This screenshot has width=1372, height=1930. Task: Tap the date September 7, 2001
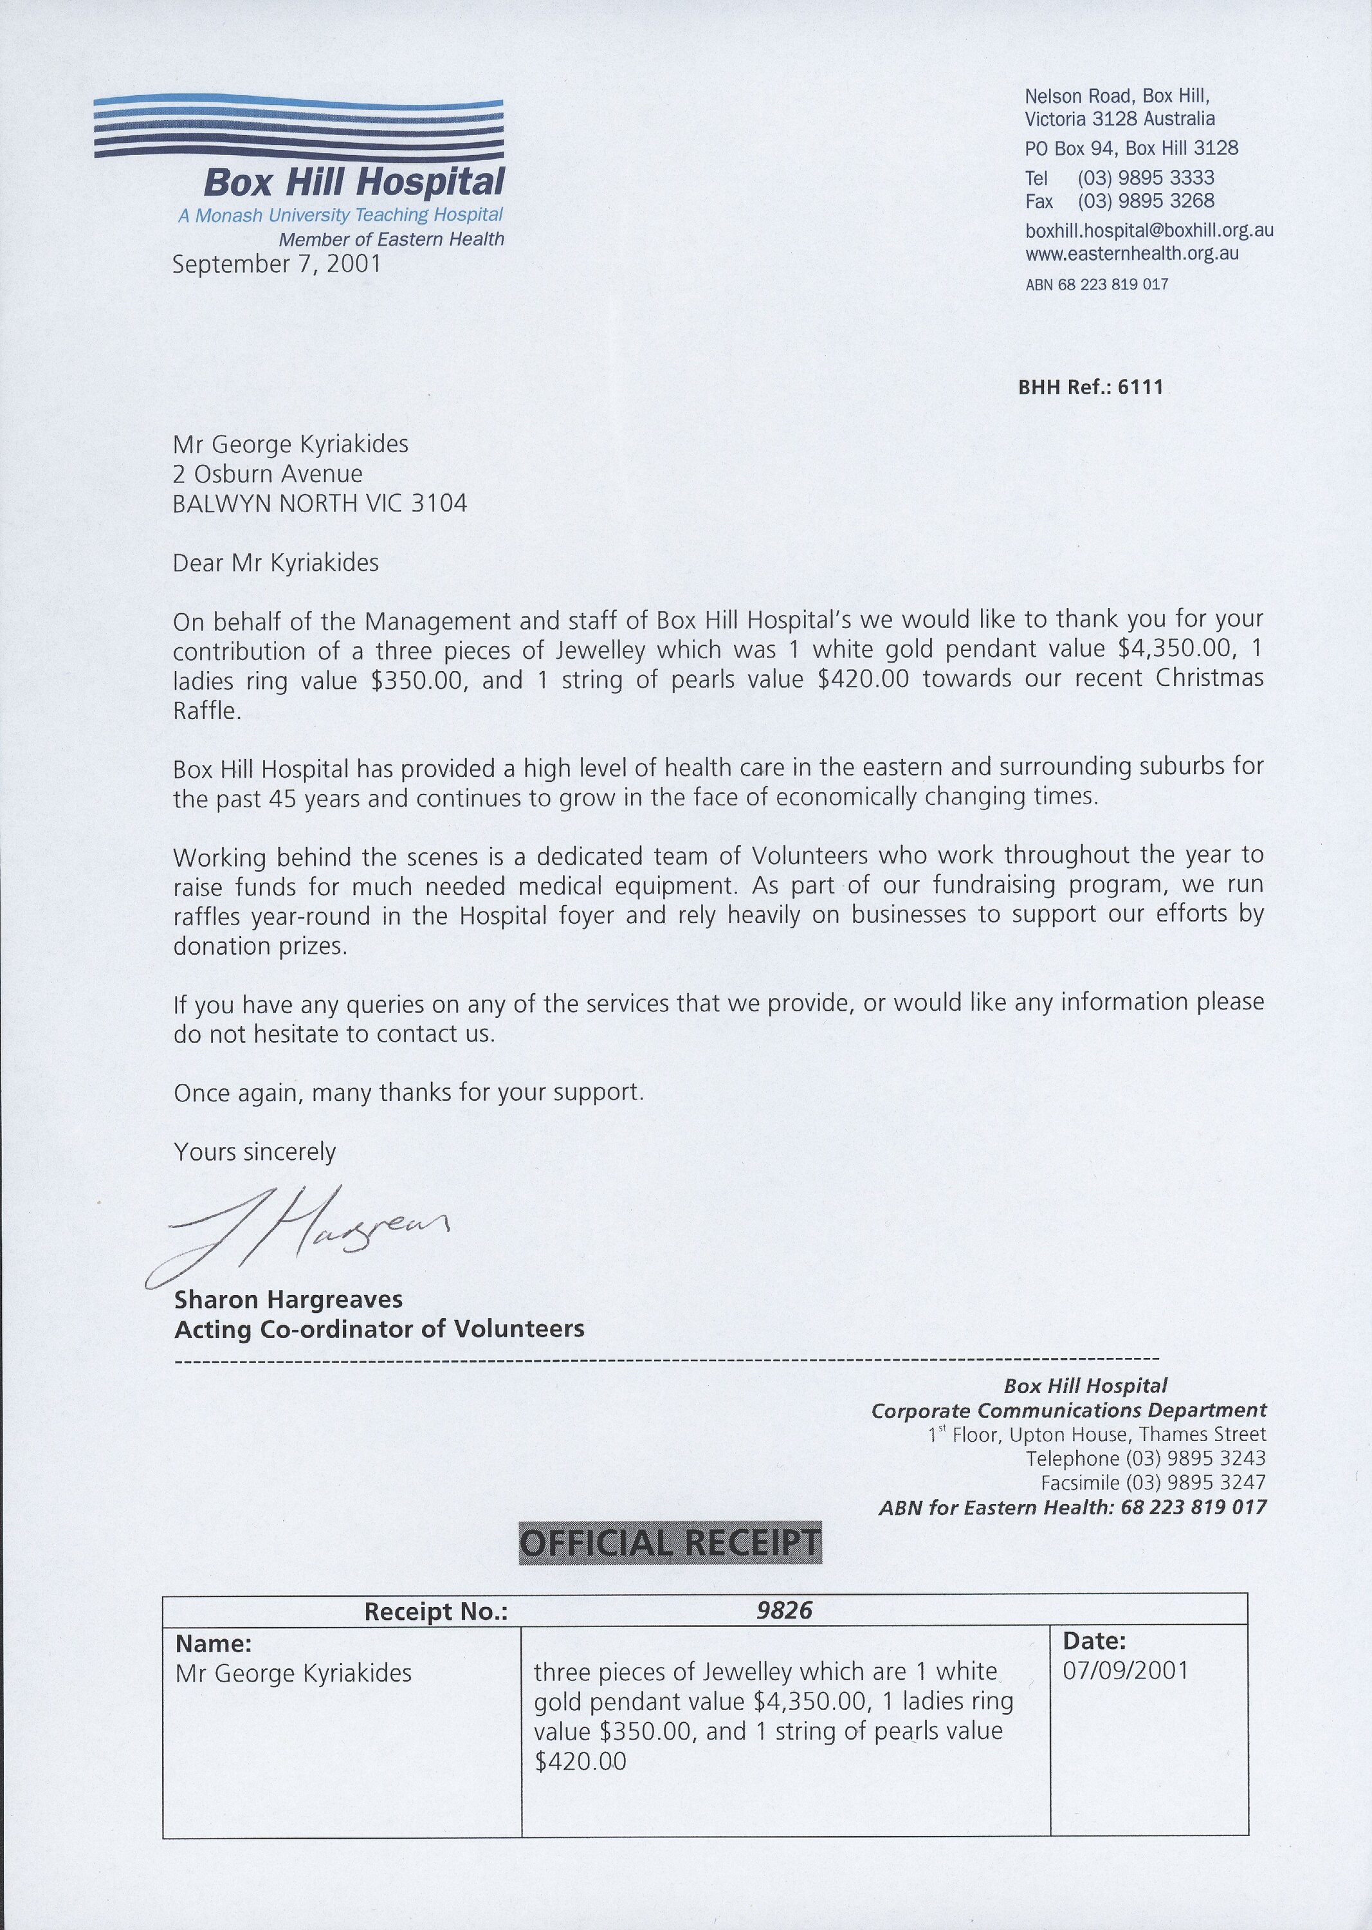pos(276,264)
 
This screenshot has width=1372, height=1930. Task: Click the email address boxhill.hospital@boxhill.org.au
pos(1149,230)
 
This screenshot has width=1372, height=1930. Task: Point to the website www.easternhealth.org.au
pos(1132,253)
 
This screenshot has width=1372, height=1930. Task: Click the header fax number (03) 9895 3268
pos(1146,201)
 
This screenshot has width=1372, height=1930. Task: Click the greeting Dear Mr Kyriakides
pos(275,563)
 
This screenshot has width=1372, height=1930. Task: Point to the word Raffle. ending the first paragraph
pos(207,711)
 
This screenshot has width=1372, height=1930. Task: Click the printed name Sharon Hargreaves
pos(288,1300)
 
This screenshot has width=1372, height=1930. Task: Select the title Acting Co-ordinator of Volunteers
pos(380,1329)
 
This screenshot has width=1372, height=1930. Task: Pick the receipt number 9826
pos(784,1610)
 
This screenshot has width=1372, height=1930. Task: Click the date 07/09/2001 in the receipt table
pos(1125,1671)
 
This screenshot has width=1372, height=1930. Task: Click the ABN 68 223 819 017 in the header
pos(1097,285)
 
